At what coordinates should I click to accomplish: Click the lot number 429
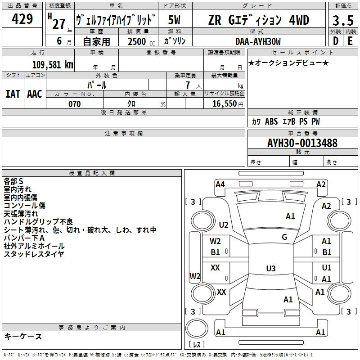pyautogui.click(x=23, y=19)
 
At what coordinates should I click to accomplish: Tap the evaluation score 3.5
pyautogui.click(x=342, y=20)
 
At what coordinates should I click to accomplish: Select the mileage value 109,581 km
pyautogui.click(x=53, y=64)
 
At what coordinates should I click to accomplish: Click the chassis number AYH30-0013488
pyautogui.click(x=302, y=143)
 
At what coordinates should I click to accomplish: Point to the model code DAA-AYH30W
pyautogui.click(x=258, y=41)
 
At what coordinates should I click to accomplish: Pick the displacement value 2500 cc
pyautogui.click(x=138, y=41)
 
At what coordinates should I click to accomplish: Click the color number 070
pyautogui.click(x=74, y=104)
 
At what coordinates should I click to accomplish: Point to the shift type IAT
pyautogui.click(x=13, y=94)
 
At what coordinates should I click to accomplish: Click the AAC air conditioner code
pyautogui.click(x=35, y=94)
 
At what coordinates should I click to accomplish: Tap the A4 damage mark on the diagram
pyautogui.click(x=220, y=184)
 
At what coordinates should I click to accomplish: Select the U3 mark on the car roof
pyautogui.click(x=270, y=269)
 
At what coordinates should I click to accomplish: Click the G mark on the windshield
pyautogui.click(x=284, y=237)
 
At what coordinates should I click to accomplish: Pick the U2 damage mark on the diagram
pyautogui.click(x=224, y=225)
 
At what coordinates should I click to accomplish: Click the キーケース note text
pyautogui.click(x=23, y=337)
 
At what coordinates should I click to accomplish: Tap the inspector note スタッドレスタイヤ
pyautogui.click(x=34, y=254)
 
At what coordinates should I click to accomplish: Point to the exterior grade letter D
pyautogui.click(x=335, y=41)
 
